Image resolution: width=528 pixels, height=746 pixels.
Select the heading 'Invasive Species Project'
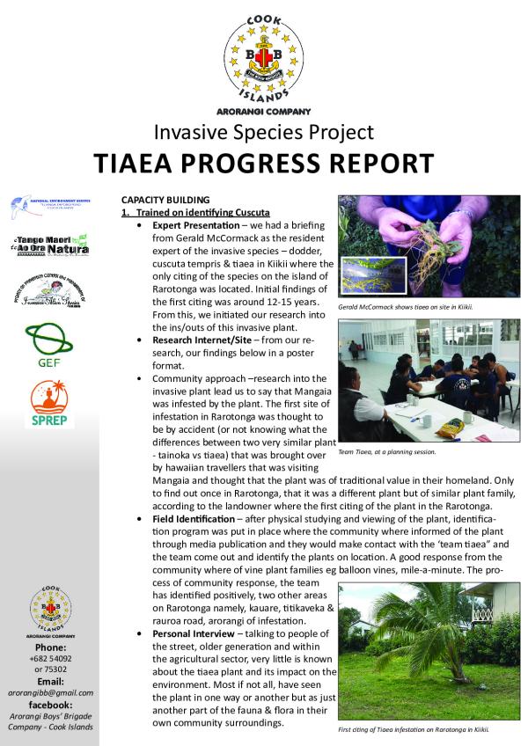[x=263, y=132]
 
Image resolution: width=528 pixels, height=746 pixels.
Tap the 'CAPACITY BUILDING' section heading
[x=165, y=200]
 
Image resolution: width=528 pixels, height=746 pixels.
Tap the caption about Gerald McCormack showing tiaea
[x=406, y=307]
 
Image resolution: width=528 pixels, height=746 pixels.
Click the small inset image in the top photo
[x=367, y=274]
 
